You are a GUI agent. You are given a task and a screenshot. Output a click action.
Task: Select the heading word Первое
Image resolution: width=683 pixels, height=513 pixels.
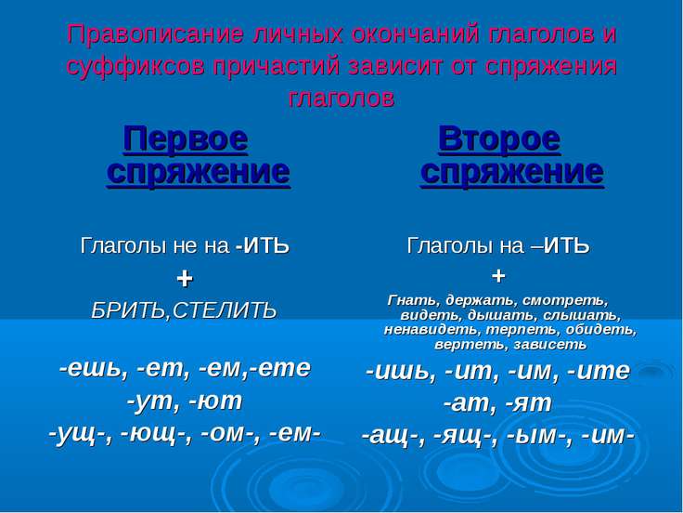pyautogui.click(x=186, y=139)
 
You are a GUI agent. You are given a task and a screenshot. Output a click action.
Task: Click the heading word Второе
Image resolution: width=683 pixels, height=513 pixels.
pyautogui.click(x=499, y=139)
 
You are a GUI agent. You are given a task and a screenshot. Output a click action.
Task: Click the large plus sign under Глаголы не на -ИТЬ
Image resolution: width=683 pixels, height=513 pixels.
pyautogui.click(x=185, y=278)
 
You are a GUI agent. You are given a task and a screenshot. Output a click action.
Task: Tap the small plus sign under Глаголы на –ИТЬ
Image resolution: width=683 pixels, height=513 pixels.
pyautogui.click(x=498, y=276)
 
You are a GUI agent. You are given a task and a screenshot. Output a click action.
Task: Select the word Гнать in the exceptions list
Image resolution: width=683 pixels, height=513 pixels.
pyautogui.click(x=410, y=300)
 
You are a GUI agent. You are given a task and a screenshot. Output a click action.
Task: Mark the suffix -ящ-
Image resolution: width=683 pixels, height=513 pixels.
pyautogui.click(x=470, y=434)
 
